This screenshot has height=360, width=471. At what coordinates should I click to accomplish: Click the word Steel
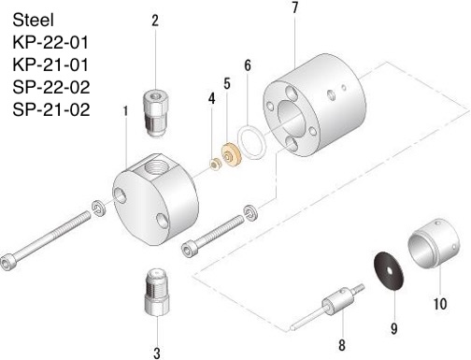[33, 20]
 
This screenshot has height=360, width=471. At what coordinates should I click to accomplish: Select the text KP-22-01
[50, 42]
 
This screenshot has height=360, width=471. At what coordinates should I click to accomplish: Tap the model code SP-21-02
[51, 109]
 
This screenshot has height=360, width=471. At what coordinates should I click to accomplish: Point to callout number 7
[295, 7]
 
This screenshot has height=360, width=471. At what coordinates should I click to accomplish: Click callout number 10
[440, 304]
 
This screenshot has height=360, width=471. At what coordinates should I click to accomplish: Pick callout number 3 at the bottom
[157, 353]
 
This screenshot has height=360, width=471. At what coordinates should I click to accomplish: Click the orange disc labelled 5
[232, 154]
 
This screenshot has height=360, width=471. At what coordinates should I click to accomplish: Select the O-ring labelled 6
[251, 142]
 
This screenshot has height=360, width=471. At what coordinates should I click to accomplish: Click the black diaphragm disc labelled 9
[388, 271]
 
